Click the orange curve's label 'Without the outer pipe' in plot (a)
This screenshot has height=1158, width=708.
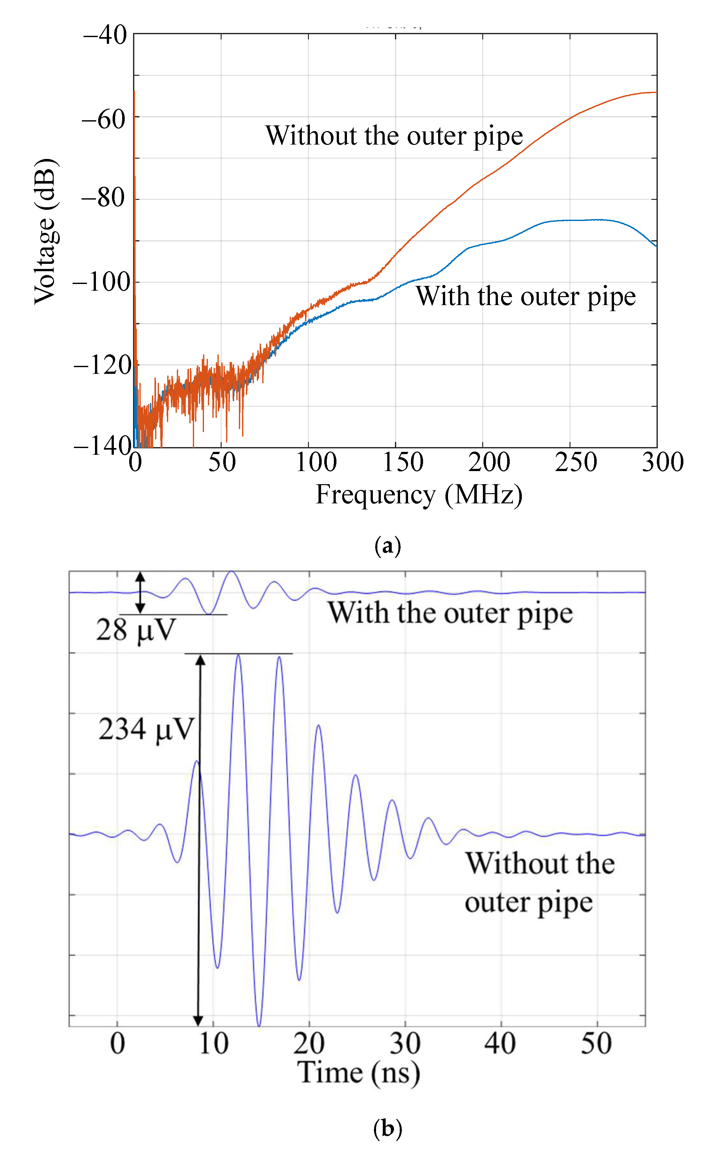pyautogui.click(x=394, y=136)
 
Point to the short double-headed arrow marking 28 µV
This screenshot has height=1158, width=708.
pyautogui.click(x=140, y=592)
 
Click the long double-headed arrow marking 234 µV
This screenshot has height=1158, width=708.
pyautogui.click(x=199, y=837)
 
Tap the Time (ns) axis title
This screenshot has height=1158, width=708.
pyautogui.click(x=358, y=1073)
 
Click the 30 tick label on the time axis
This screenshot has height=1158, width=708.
pyautogui.click(x=405, y=1043)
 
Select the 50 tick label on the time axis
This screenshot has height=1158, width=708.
pyautogui.click(x=596, y=1043)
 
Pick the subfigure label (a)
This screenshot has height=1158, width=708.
pyautogui.click(x=388, y=546)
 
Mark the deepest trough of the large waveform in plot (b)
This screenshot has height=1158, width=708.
pyautogui.click(x=259, y=1025)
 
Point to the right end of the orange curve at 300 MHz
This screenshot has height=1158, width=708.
pyautogui.click(x=655, y=93)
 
